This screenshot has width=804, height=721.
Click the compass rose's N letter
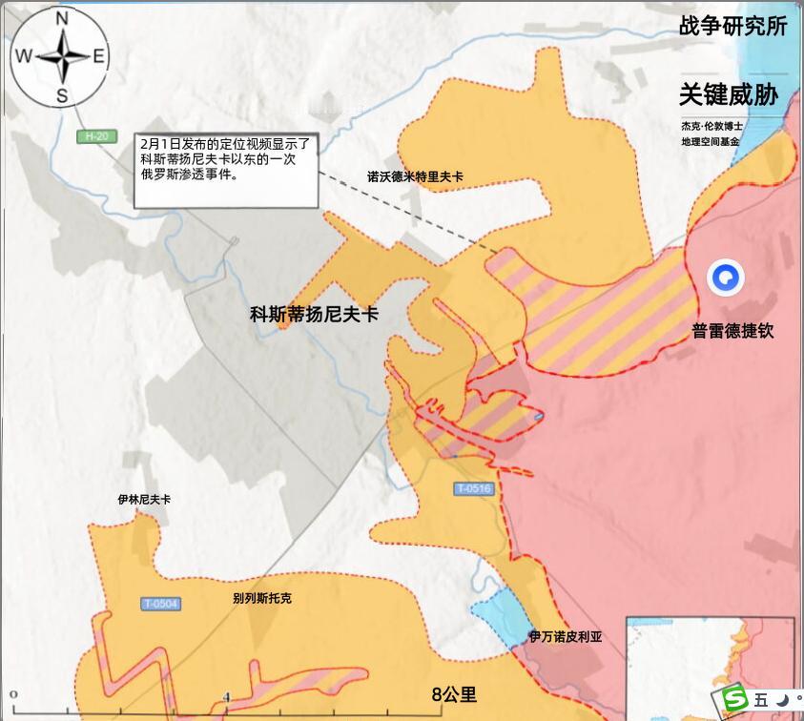pos(62,18)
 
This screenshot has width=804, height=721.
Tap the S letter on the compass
pos(62,94)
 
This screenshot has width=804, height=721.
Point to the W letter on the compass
pos(22,56)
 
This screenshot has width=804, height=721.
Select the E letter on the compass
pos(99,56)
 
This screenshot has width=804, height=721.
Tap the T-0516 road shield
pos(473,489)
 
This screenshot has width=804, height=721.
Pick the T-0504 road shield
pos(160,604)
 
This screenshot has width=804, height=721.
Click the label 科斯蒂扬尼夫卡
pos(314,313)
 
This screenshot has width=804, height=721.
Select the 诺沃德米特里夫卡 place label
pos(416,176)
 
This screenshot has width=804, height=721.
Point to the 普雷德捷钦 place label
pos(733,331)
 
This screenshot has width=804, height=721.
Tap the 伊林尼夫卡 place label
pos(144,499)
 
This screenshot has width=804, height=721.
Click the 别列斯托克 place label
pos(262,598)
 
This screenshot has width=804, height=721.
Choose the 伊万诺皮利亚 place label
pos(567,636)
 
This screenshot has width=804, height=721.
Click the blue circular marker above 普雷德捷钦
pos(725,278)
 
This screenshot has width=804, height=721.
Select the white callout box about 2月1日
pos(225,169)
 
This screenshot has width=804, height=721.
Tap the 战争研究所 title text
pos(732,26)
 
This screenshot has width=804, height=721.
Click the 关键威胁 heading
pos(729,94)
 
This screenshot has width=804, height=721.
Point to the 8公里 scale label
pos(454,694)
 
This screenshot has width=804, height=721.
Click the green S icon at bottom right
pos(735,699)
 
